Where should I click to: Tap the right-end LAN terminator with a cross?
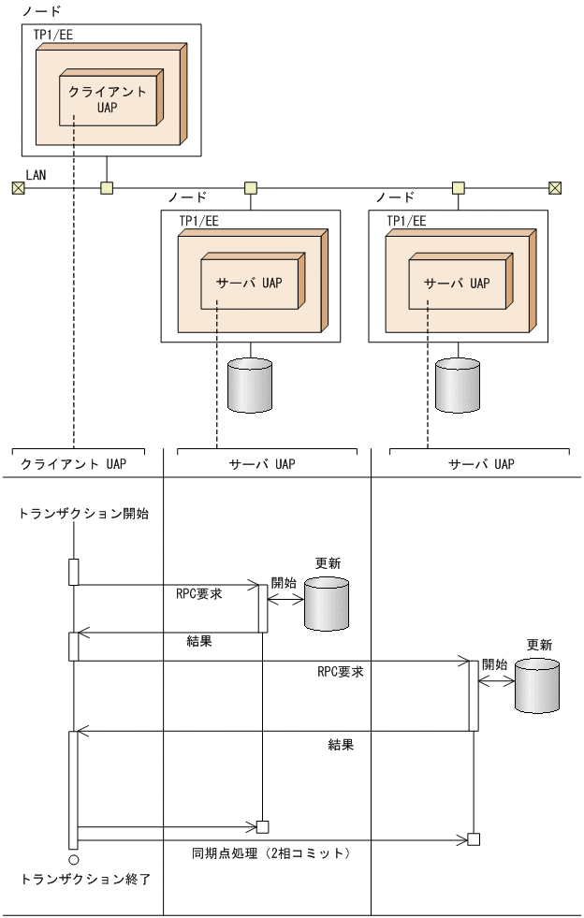[x=555, y=188]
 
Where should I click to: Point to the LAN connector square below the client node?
[x=107, y=188]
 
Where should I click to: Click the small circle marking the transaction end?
[x=73, y=858]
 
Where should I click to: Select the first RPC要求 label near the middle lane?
[x=198, y=593]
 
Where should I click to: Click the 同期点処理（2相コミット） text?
[x=271, y=852]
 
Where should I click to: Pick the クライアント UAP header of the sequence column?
[x=74, y=463]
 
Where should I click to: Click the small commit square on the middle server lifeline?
[x=263, y=826]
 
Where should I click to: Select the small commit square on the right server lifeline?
[x=474, y=839]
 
